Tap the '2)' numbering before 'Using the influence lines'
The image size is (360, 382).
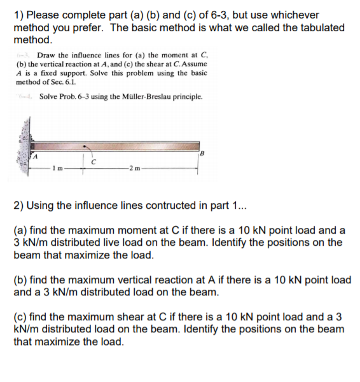(x=19, y=205)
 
